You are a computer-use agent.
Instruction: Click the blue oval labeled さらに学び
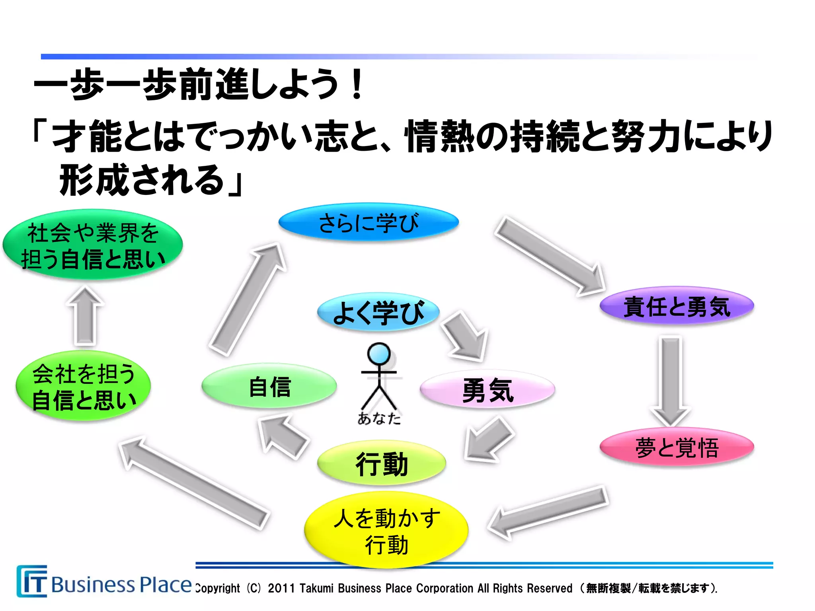coord(369,222)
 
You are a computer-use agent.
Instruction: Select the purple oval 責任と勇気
coord(677,306)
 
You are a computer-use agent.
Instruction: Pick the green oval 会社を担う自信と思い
coord(83,386)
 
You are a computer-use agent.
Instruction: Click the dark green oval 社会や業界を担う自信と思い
coord(92,245)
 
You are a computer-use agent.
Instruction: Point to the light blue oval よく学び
coord(378,312)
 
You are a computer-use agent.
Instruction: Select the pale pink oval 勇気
coord(487,389)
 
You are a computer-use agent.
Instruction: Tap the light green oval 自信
coord(269,386)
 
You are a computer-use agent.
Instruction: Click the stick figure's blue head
coord(379,353)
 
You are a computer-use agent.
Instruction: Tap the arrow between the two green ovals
coord(85,316)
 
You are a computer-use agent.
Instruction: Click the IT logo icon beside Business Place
coord(32,581)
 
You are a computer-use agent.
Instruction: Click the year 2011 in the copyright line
coord(281,588)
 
